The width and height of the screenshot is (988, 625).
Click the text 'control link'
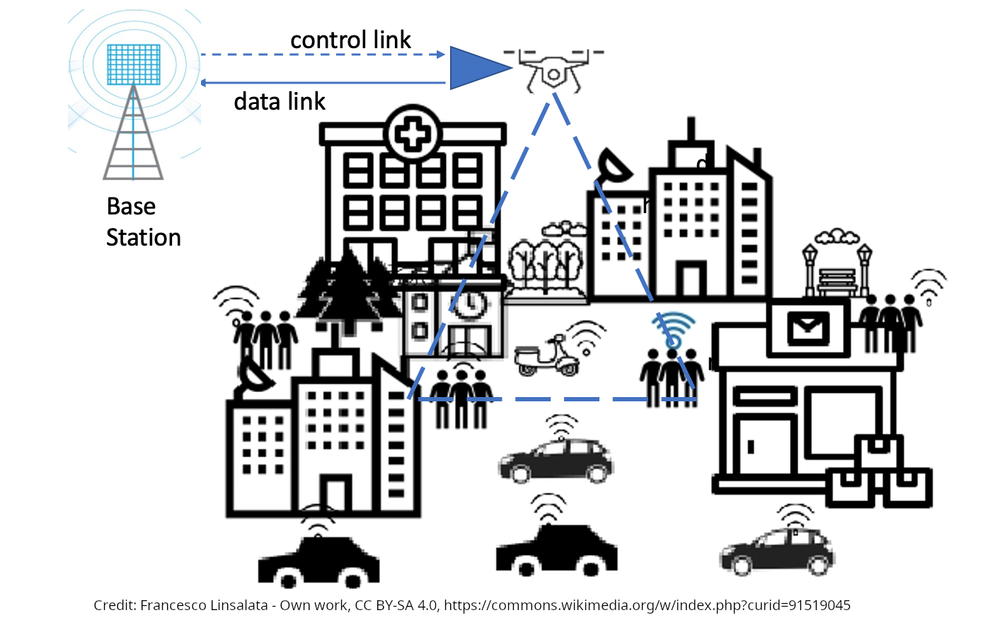pyautogui.click(x=350, y=40)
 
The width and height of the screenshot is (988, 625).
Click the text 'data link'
pyautogui.click(x=280, y=102)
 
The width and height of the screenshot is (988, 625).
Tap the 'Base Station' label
pyautogui.click(x=143, y=222)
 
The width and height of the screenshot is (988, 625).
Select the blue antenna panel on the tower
pyautogui.click(x=133, y=64)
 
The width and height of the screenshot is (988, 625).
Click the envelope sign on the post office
pyautogui.click(x=808, y=328)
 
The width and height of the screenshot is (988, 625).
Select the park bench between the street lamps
pyautogui.click(x=837, y=281)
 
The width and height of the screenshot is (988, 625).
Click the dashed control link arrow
pyautogui.click(x=322, y=55)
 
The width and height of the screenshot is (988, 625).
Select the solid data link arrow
pyautogui.click(x=322, y=84)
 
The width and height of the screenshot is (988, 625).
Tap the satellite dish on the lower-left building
pyautogui.click(x=255, y=376)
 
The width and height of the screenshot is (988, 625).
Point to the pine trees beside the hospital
pyautogui.click(x=347, y=290)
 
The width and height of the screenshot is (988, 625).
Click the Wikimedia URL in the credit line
pyautogui.click(x=647, y=606)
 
